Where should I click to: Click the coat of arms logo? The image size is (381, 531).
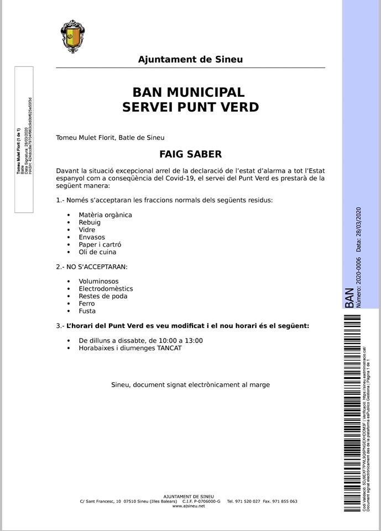(x=72, y=35)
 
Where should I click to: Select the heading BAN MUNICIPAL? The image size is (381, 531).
(x=189, y=92)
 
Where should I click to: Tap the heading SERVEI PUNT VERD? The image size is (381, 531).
(x=190, y=107)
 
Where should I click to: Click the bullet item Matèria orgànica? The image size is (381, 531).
(x=105, y=215)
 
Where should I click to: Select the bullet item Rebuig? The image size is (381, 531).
(x=90, y=222)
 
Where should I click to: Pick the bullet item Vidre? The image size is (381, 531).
(x=87, y=230)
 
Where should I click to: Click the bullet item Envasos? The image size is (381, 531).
(x=92, y=237)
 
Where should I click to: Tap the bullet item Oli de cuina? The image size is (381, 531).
(x=98, y=252)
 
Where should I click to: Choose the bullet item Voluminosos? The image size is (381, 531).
(x=98, y=282)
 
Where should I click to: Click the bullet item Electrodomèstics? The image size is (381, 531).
(x=106, y=289)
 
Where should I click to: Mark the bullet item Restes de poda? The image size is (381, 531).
(x=103, y=296)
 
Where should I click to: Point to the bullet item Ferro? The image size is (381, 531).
(x=87, y=304)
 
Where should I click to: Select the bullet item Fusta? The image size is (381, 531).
(x=87, y=311)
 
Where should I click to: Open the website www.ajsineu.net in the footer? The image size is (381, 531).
(x=189, y=506)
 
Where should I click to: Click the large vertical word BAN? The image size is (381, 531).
(x=349, y=297)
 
